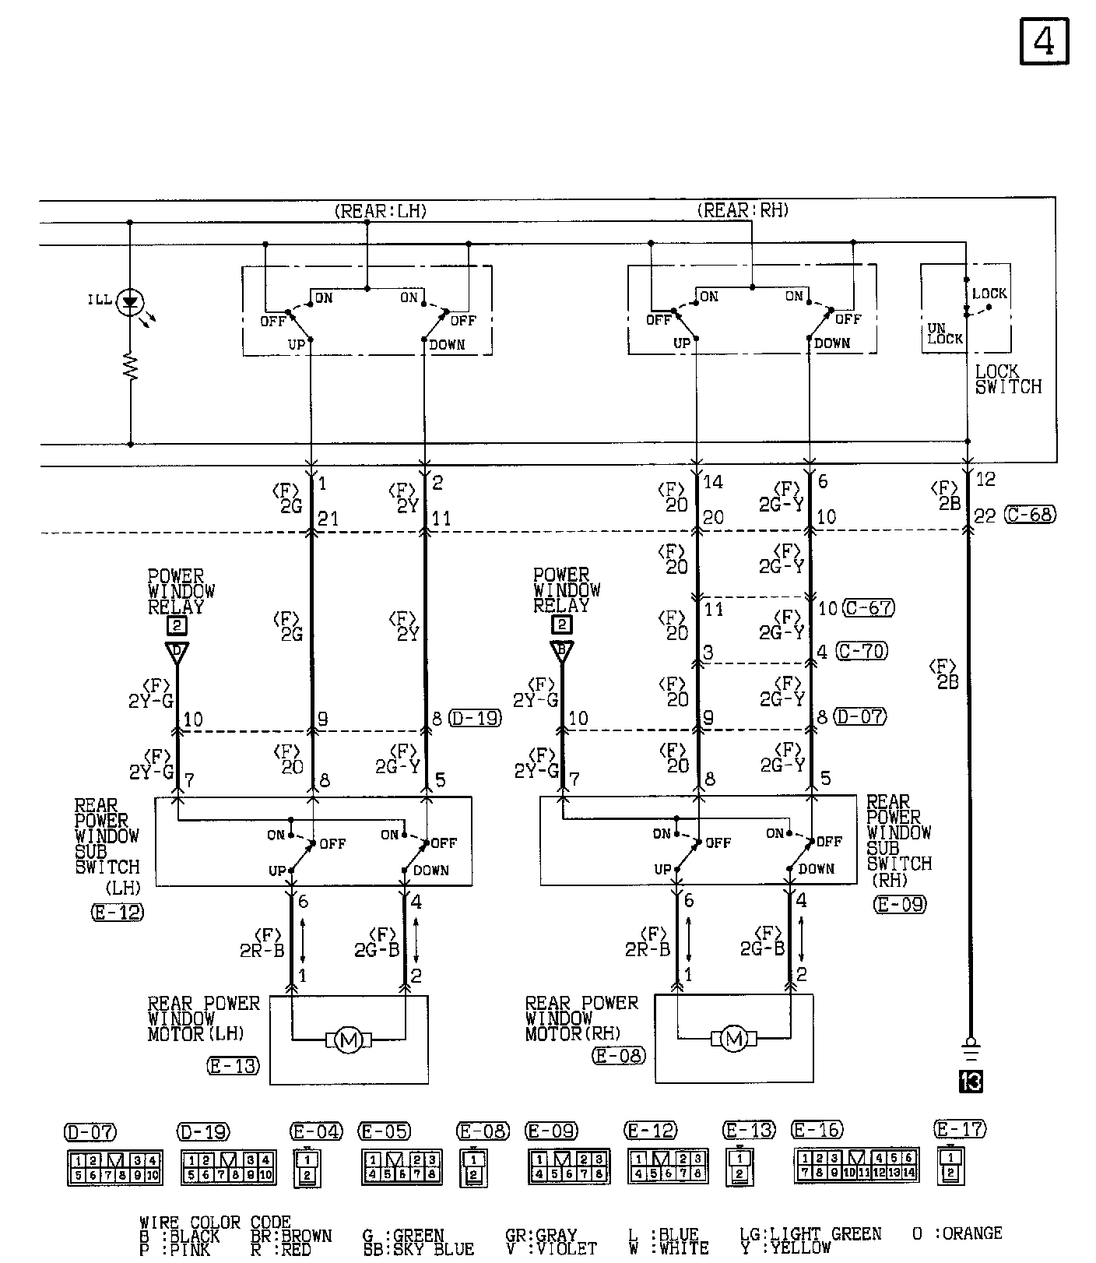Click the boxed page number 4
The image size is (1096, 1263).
1044,41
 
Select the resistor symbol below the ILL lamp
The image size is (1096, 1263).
130,366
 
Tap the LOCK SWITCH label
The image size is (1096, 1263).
1008,379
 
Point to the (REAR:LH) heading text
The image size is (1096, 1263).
381,211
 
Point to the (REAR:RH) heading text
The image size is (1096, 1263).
743,210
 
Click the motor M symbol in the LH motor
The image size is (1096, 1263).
348,1040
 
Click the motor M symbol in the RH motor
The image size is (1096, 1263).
733,1038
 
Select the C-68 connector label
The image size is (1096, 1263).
1031,515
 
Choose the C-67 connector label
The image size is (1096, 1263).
869,607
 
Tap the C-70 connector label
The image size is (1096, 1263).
862,650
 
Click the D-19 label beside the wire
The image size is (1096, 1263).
476,718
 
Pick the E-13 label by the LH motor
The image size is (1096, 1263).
234,1066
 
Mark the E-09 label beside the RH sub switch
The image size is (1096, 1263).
901,904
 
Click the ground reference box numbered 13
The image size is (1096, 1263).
971,1082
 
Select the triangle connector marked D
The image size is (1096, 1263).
177,652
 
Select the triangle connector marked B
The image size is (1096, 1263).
561,650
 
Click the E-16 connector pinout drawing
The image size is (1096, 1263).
856,1166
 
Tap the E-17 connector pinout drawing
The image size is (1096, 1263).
950,1165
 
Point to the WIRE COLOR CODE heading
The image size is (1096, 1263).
215,1223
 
